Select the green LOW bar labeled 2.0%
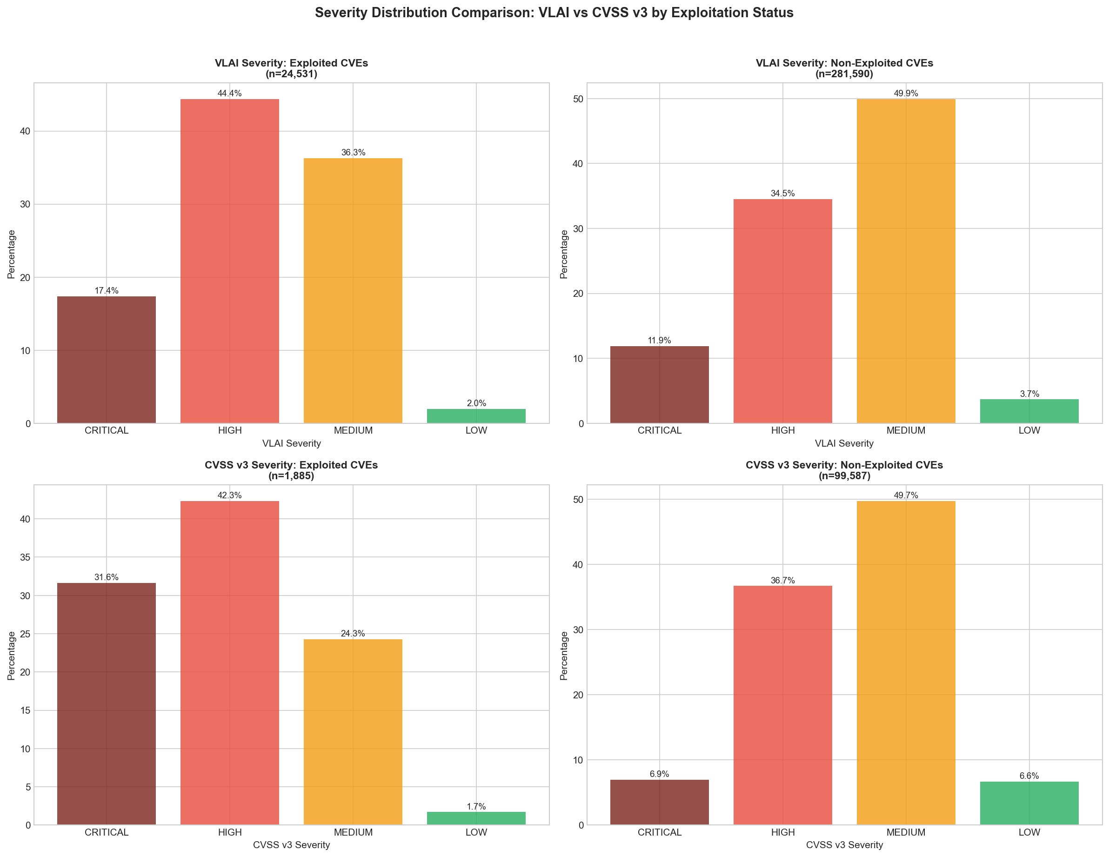(x=476, y=415)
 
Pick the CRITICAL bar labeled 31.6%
(x=106, y=703)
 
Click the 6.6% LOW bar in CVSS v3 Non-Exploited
(x=1029, y=803)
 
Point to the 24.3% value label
(x=353, y=634)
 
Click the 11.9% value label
(x=659, y=341)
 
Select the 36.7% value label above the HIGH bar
(x=782, y=580)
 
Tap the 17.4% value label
(x=106, y=291)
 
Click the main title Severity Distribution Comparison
(x=554, y=13)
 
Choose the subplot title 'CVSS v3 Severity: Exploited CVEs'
(x=291, y=465)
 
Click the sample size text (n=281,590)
(x=844, y=74)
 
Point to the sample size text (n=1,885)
(x=291, y=476)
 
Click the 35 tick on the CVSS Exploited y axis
(x=24, y=557)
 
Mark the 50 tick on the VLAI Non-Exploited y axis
(x=577, y=99)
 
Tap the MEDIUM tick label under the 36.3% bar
(x=353, y=430)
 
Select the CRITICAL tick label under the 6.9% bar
(x=659, y=832)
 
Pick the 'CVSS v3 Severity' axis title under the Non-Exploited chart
(x=844, y=845)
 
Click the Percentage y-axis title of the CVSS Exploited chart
(x=11, y=656)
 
